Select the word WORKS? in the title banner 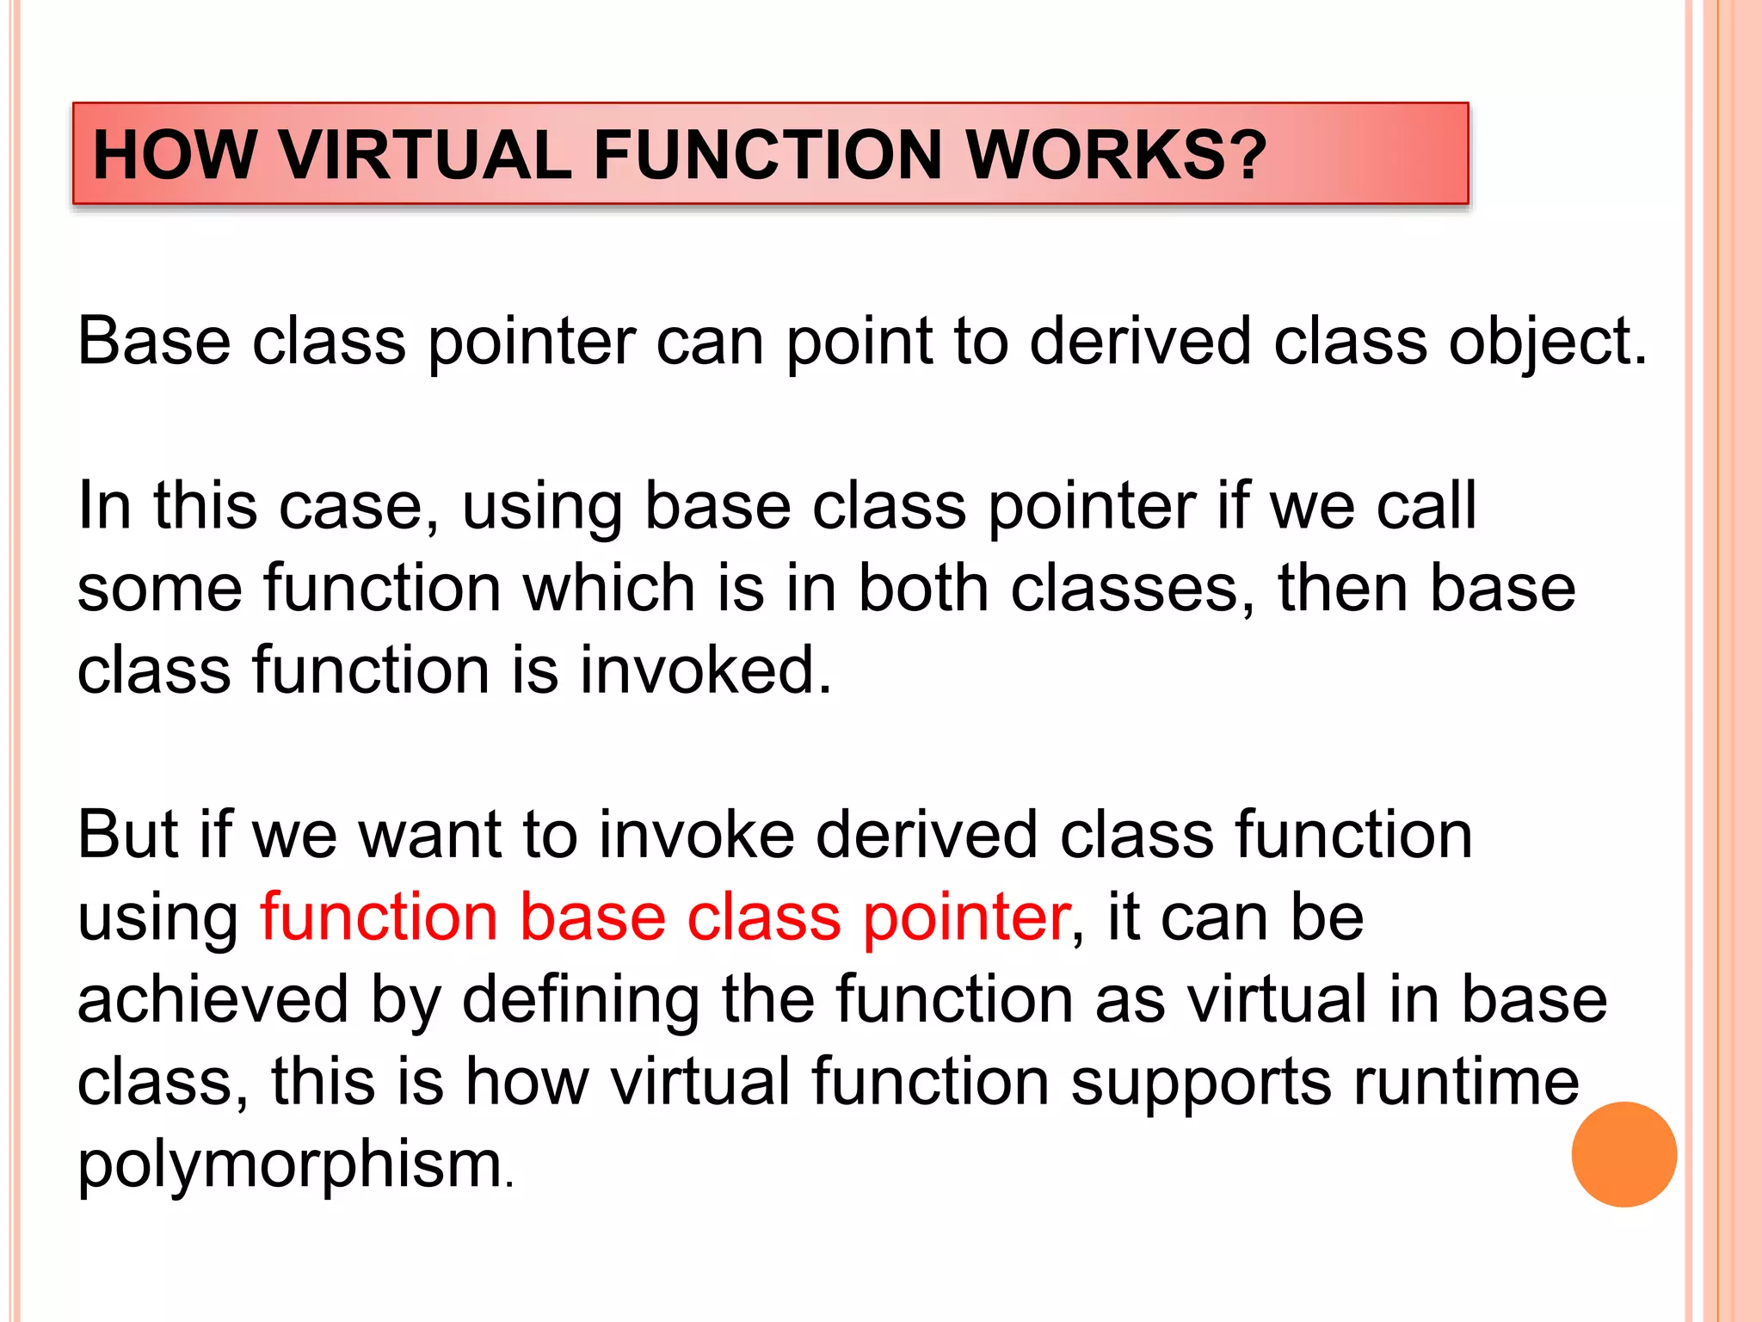tap(1116, 155)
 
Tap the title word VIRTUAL tap(425, 155)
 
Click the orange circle tap(1623, 1154)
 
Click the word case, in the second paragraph tap(359, 506)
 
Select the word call tap(1426, 506)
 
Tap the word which tap(609, 589)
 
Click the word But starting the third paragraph tap(128, 835)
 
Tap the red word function tap(379, 917)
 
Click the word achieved tap(213, 999)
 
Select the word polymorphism tap(290, 1165)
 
